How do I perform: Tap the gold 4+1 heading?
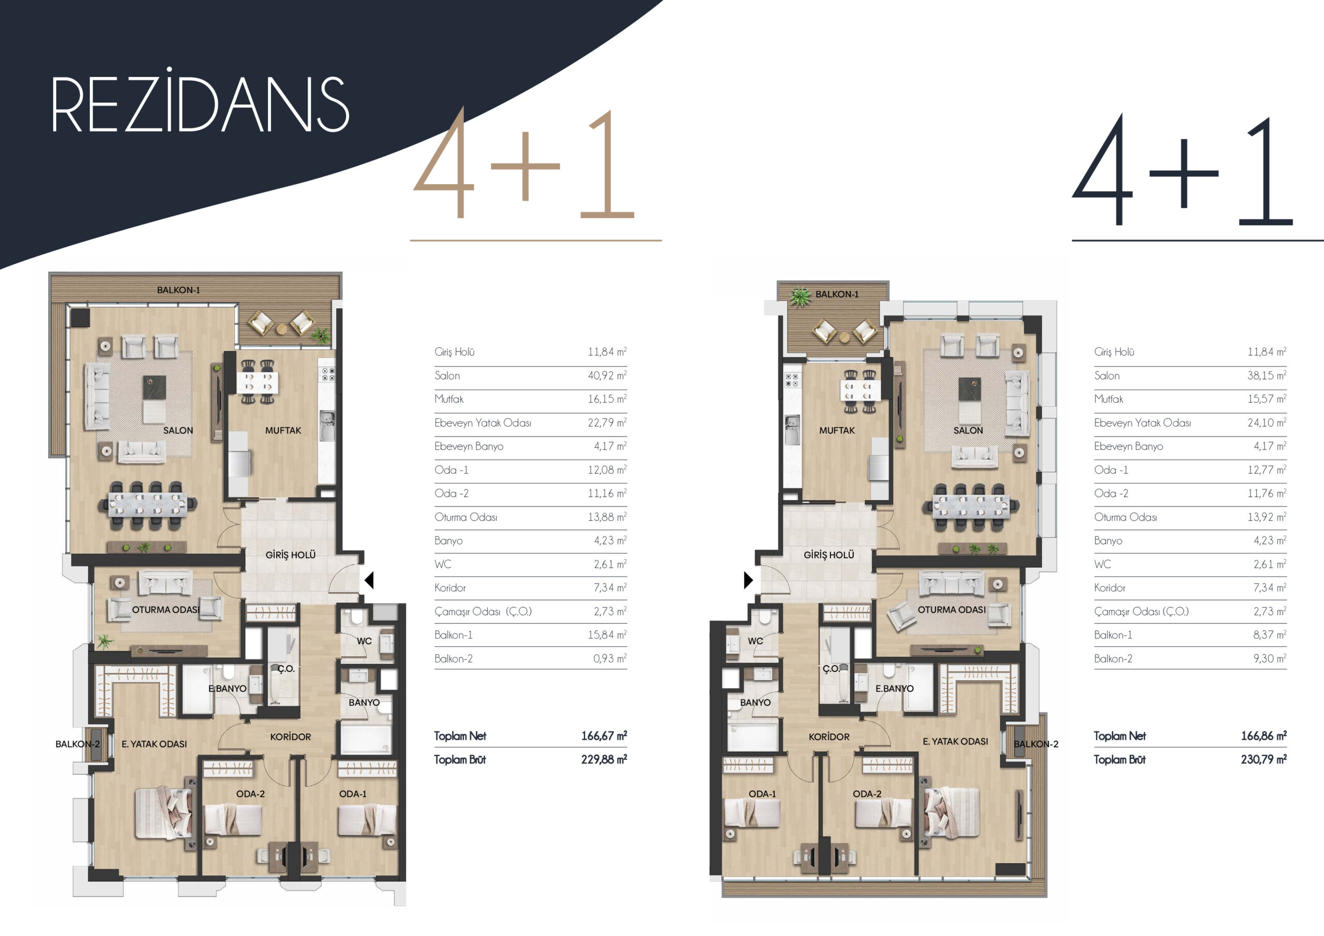(x=523, y=164)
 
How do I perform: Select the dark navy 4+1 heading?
(x=1182, y=170)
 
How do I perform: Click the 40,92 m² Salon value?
(x=607, y=375)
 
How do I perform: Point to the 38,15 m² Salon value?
(x=1267, y=375)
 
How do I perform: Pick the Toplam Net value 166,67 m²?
(x=604, y=736)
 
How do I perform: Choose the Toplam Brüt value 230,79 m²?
(x=1263, y=760)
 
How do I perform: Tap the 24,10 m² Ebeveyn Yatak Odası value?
(x=1267, y=422)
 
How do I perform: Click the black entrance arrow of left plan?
(x=369, y=580)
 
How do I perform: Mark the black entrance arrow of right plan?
(x=748, y=580)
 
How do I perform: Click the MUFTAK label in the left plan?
(x=283, y=430)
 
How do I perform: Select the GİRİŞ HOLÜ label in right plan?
(x=829, y=555)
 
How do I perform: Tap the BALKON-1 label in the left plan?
(x=178, y=290)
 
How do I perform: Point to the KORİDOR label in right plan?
(x=829, y=737)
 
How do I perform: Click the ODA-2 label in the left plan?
(x=250, y=794)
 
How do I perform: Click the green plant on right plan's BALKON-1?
(x=800, y=297)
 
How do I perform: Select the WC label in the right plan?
(x=756, y=641)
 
